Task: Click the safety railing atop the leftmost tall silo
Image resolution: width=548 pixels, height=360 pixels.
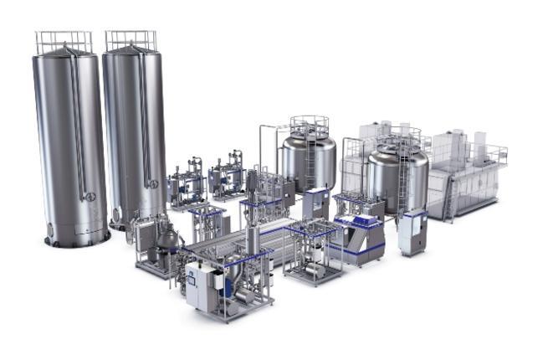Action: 64,40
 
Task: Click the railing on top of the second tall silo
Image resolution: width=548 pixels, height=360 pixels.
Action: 131,39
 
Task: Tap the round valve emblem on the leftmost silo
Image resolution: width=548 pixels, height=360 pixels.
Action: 90,197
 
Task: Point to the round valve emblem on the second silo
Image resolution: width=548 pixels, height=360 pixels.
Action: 151,183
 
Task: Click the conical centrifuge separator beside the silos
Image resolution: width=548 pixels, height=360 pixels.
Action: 168,238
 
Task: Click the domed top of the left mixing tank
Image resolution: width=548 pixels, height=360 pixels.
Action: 308,135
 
